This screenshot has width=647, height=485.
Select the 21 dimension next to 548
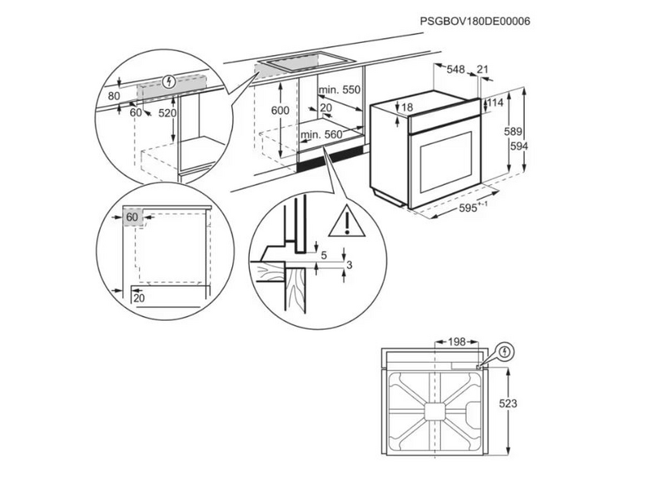click(484, 70)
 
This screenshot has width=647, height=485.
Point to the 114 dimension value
click(495, 103)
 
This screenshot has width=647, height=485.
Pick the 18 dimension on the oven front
click(408, 108)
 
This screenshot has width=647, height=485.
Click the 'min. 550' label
click(338, 90)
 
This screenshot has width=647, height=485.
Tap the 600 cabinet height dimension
click(280, 111)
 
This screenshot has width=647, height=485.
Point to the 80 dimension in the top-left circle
click(113, 96)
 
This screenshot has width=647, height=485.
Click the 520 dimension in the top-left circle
click(167, 114)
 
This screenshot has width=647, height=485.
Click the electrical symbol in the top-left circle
click(168, 81)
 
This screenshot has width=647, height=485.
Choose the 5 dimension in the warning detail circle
click(324, 255)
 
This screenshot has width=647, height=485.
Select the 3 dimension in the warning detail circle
click(349, 264)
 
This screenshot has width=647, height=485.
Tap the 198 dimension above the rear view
click(457, 343)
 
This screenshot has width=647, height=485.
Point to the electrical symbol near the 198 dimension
click(506, 352)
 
